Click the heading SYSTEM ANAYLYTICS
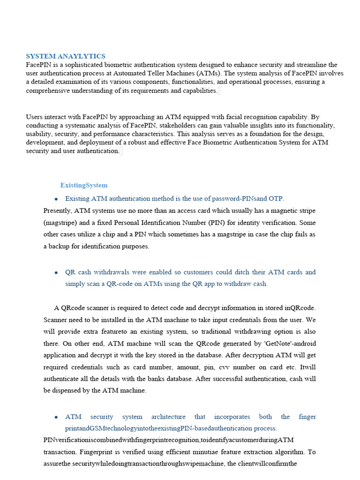[66, 56]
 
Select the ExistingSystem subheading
[84, 185]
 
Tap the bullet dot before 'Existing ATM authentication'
[56, 199]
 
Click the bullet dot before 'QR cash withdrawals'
[56, 272]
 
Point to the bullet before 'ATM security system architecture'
[56, 417]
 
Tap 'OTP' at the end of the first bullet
[277, 198]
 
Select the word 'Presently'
[57, 210]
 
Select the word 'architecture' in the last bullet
[166, 417]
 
